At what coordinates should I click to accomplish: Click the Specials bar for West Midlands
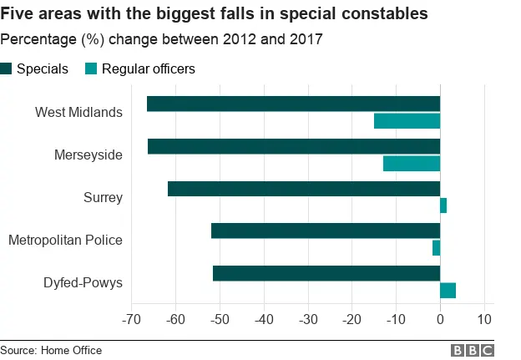[x=293, y=104]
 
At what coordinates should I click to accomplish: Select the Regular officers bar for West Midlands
[x=407, y=121]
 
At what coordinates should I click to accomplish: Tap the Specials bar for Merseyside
[x=294, y=146]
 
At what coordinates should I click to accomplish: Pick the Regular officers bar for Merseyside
[x=412, y=163]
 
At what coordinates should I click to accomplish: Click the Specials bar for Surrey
[x=304, y=189]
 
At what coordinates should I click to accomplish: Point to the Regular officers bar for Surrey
[x=443, y=205]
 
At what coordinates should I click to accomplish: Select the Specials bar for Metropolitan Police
[x=326, y=231]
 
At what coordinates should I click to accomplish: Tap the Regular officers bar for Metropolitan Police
[x=436, y=248]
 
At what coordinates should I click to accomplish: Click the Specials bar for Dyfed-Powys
[x=326, y=273]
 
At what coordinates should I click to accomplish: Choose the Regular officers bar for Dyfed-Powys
[x=448, y=290]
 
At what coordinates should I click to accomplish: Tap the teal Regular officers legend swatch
[x=90, y=69]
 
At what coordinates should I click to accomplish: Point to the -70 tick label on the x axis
[x=130, y=319]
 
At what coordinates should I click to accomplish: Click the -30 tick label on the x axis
[x=307, y=319]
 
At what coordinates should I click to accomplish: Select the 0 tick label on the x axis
[x=440, y=319]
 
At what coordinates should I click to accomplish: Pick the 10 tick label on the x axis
[x=483, y=319]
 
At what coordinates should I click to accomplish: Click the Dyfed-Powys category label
[x=83, y=282]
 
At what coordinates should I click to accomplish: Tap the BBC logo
[x=472, y=350]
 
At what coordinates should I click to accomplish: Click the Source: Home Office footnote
[x=51, y=350]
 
